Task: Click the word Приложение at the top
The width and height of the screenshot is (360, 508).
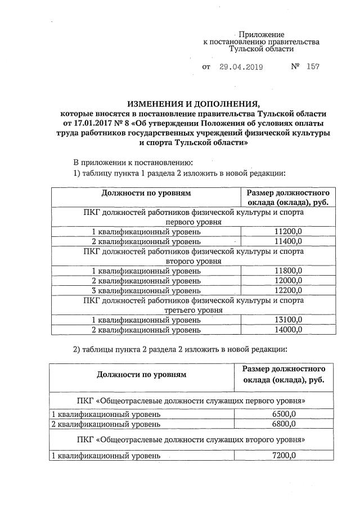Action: coord(262,34)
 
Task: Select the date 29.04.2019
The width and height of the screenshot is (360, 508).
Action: coord(241,67)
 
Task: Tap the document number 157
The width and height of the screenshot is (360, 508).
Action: coord(313,67)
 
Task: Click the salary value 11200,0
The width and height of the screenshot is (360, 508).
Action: coord(287,232)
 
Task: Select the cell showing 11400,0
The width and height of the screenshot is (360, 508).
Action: coord(287,241)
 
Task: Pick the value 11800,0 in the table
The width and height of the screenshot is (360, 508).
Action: coord(287,271)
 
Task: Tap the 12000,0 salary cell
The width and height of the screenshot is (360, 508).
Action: coord(287,281)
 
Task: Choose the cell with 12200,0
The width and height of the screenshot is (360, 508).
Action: coord(287,290)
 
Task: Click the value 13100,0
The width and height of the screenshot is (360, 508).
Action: coord(287,320)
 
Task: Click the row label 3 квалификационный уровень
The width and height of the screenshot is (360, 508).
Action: coord(146,290)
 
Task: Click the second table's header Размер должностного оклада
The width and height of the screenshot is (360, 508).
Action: coord(284,374)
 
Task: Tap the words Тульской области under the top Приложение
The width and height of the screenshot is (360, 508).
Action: coord(262,50)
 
